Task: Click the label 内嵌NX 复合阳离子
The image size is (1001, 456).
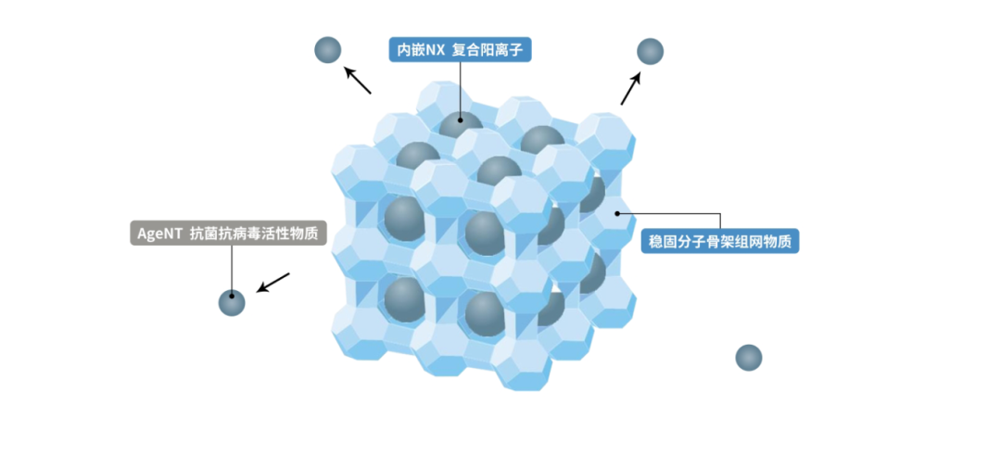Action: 460,50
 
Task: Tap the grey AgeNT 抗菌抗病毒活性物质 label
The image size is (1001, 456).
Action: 228,234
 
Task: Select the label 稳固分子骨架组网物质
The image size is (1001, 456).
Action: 719,241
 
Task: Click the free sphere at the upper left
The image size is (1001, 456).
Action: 328,49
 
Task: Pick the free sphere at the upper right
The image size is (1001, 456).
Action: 651,52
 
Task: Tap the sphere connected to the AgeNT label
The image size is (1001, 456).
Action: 232,302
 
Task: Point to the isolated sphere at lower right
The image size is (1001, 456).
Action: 748,358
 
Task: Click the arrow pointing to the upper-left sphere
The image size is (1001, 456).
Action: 358,80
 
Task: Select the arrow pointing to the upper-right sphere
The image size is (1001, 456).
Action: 630,88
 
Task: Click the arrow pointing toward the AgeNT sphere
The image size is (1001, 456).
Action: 273,283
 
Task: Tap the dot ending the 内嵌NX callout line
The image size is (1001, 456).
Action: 460,119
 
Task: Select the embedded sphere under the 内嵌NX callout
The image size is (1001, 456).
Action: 461,130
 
